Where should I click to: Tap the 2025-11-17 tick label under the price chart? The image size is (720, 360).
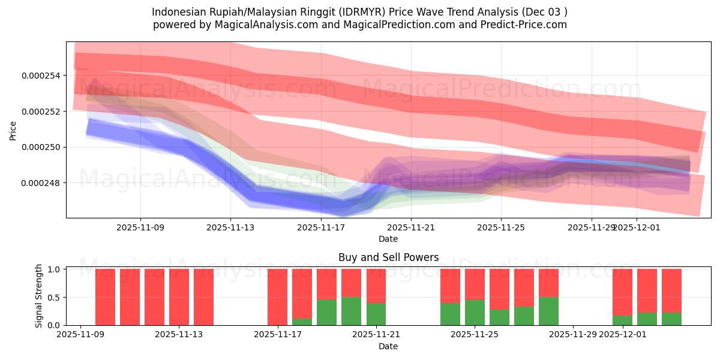pos(320,227)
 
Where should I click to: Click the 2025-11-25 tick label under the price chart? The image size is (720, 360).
pos(501,227)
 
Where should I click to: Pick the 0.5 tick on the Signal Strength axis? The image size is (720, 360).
pos(52,297)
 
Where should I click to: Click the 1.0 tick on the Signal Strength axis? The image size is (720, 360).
pos(52,269)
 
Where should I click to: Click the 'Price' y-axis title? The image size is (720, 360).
pos(13,130)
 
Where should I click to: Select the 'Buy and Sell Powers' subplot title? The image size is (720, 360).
pos(388,257)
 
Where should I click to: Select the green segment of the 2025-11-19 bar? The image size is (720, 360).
pos(326,312)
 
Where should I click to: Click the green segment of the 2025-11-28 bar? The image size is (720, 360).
pos(548,311)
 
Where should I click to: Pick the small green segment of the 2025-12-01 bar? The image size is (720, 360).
pos(622,320)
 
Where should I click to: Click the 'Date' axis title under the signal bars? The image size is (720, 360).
pos(388,346)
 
